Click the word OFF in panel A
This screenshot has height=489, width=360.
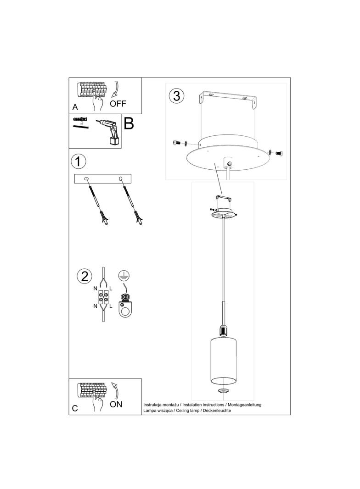point(118,103)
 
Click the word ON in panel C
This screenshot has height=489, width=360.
point(116,404)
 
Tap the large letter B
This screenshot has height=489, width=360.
point(129,123)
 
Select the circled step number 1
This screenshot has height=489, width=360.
point(79,161)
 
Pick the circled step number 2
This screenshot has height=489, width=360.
point(84,276)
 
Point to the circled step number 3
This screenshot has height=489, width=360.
point(177,96)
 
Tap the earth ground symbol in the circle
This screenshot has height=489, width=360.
point(123,275)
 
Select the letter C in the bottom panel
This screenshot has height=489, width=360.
point(75,408)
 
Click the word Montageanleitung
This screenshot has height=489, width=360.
point(243,405)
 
